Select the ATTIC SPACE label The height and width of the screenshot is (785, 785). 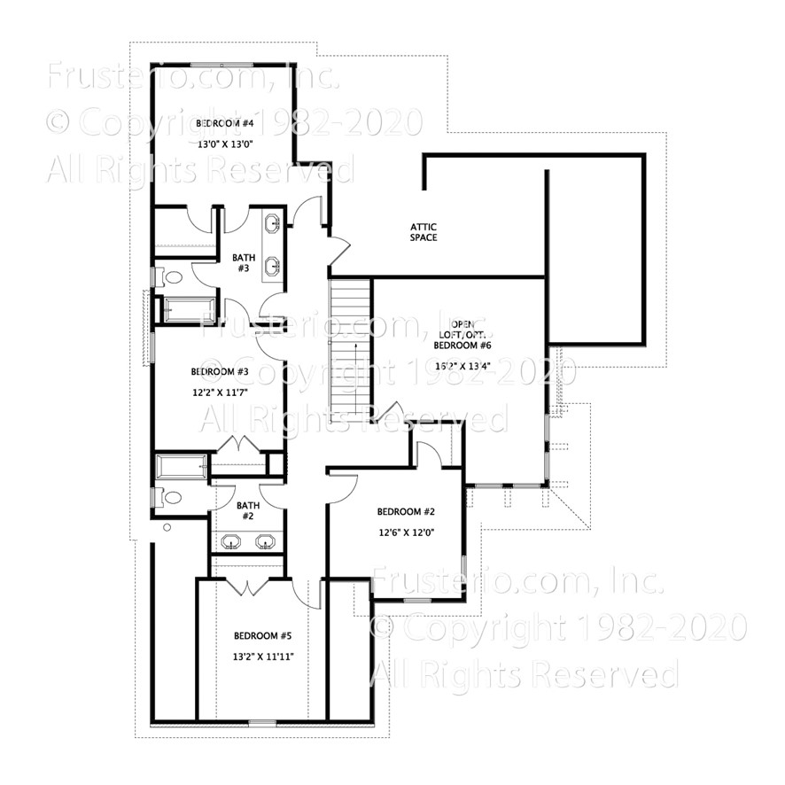[423, 232]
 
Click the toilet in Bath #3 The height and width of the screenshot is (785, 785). [171, 277]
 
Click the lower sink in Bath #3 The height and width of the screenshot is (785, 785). [273, 264]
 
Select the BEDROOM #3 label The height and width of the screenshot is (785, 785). [213, 371]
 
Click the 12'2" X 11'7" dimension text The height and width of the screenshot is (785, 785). [213, 391]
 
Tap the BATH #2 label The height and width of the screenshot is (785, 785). [245, 510]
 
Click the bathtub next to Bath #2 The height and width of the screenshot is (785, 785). [182, 466]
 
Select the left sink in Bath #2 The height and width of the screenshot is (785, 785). [231, 541]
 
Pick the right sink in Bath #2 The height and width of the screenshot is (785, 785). [264, 541]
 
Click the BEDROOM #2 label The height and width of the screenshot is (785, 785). [404, 512]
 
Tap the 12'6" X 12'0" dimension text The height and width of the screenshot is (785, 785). [405, 532]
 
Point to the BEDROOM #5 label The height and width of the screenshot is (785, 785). [257, 635]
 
